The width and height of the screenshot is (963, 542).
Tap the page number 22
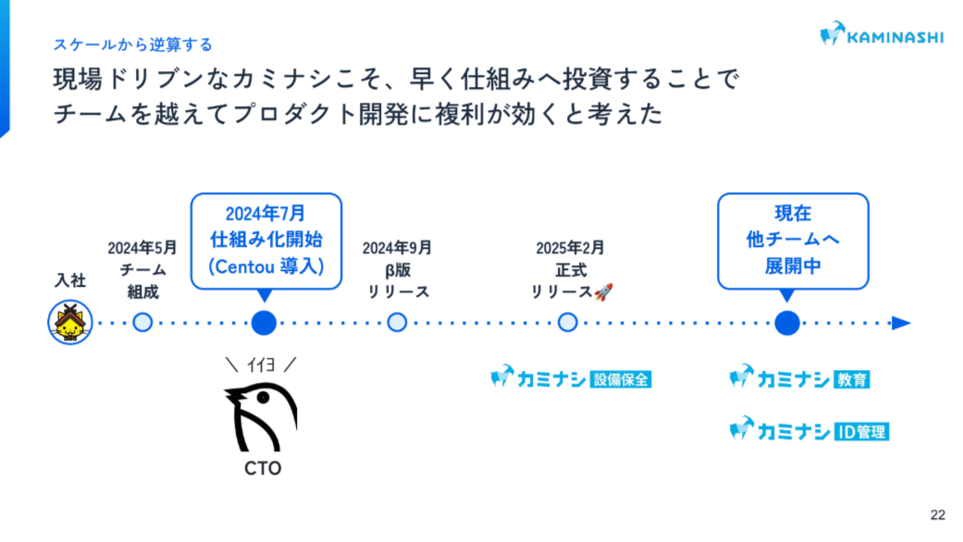(x=937, y=514)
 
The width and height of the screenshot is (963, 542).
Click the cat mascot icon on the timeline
(x=68, y=323)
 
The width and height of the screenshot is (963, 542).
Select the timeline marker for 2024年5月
(x=142, y=323)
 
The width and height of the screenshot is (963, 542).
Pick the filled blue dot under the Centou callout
(x=265, y=323)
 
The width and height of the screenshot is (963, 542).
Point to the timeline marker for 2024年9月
(x=397, y=323)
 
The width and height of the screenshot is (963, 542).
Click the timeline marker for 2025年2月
(x=569, y=323)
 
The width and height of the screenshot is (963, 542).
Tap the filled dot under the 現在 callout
(x=787, y=323)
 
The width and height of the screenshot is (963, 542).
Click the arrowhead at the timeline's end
(x=901, y=323)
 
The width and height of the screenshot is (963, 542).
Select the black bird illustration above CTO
(x=261, y=416)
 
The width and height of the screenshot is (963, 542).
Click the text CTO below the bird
(x=263, y=468)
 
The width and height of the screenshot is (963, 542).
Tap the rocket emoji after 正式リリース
(x=603, y=292)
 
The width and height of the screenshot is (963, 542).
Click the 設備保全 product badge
(x=620, y=378)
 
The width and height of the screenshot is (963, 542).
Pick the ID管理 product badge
(x=860, y=431)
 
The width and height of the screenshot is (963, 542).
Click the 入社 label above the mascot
(x=69, y=279)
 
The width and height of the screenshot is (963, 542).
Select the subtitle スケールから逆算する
(x=132, y=44)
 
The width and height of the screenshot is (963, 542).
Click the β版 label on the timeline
(x=398, y=270)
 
